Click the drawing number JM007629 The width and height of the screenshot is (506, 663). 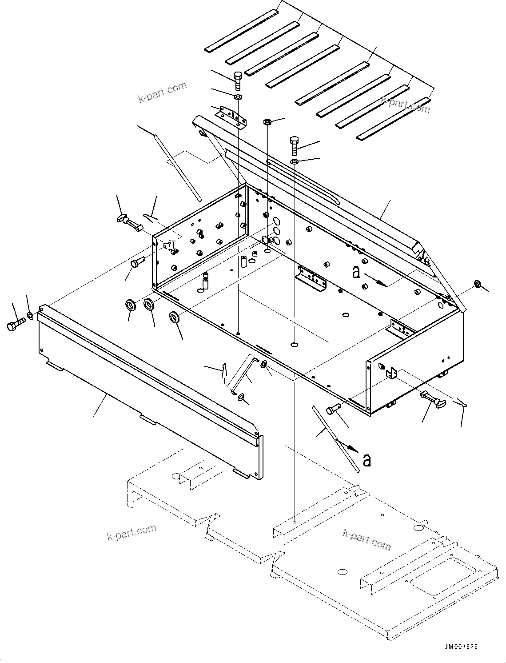coord(460,647)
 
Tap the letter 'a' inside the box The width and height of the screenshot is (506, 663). coord(356,272)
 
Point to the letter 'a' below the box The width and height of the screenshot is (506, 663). coord(367,460)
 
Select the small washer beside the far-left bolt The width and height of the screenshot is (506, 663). coord(30,316)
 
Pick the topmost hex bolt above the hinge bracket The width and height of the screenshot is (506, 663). coord(237,80)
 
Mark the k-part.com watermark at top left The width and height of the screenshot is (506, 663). coord(163,92)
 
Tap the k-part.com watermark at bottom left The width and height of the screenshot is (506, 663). coord(131,532)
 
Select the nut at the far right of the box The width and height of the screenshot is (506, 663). coord(478,284)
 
